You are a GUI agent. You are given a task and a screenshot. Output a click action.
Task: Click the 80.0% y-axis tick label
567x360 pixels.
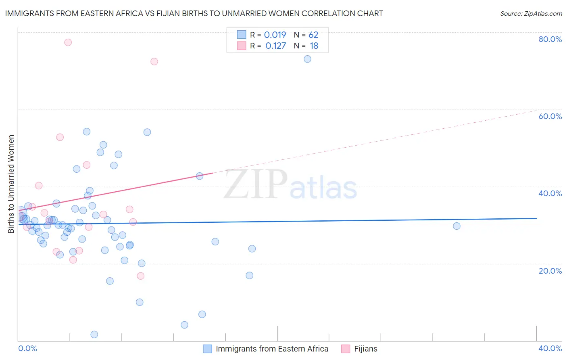coord(550,39)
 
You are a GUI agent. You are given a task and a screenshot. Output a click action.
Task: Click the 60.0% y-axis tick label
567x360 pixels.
coord(550,116)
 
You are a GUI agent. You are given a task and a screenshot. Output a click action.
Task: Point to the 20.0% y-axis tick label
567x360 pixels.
coord(550,270)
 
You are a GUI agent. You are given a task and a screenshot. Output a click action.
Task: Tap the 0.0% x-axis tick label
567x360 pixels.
coord(27,348)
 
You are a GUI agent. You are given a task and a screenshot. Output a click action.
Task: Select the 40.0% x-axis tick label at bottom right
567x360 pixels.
coord(550,348)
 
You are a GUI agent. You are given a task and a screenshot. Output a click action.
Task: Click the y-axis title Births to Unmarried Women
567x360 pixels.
coord(11,184)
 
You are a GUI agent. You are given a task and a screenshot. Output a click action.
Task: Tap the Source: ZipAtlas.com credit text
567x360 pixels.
coord(531,13)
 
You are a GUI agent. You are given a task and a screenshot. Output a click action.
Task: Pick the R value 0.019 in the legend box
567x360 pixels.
coord(275,35)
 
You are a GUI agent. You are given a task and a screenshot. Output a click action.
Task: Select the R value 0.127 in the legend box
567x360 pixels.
coord(275,46)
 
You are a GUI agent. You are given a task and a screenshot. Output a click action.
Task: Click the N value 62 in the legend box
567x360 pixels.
coord(313,35)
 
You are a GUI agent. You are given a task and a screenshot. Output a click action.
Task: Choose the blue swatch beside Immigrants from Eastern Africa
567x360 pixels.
coord(207,349)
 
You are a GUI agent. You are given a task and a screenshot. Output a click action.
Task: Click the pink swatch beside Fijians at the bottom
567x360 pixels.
coord(346,349)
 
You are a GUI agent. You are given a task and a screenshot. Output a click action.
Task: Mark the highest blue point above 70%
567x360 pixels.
coord(307,59)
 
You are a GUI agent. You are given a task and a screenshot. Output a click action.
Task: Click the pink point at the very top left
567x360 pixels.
coord(68,42)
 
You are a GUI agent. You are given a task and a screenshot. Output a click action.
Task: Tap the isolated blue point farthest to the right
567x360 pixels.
coord(457,226)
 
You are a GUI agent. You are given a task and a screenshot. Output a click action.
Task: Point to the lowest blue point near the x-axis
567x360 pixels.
coord(94,334)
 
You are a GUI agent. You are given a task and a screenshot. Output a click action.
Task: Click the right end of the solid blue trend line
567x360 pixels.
coord(536,218)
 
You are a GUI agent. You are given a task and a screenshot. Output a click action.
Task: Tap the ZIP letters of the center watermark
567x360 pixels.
coord(256,185)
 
